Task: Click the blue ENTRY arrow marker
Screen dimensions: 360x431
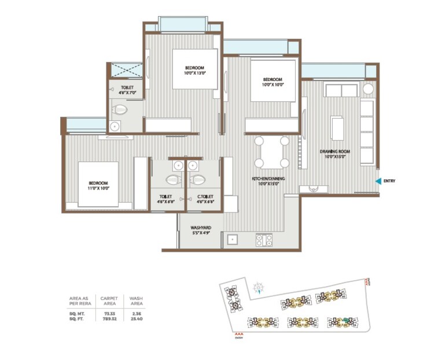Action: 378,182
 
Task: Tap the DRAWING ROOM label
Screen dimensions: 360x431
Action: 336,152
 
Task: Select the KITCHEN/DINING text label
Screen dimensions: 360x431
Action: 266,181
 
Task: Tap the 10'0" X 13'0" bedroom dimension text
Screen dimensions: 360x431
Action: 194,74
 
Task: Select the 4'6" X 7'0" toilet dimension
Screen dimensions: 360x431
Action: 127,93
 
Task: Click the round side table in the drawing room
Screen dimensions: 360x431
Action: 367,89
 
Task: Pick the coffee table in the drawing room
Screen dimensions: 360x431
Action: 337,128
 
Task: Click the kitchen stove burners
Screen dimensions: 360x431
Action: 264,239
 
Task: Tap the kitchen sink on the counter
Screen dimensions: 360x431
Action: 234,238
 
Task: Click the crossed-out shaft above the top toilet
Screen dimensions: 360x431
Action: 126,71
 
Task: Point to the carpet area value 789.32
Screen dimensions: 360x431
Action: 109,318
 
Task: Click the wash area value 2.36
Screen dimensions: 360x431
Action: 136,313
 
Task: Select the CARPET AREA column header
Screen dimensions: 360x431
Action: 109,301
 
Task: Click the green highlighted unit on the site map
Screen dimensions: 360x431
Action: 347,319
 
